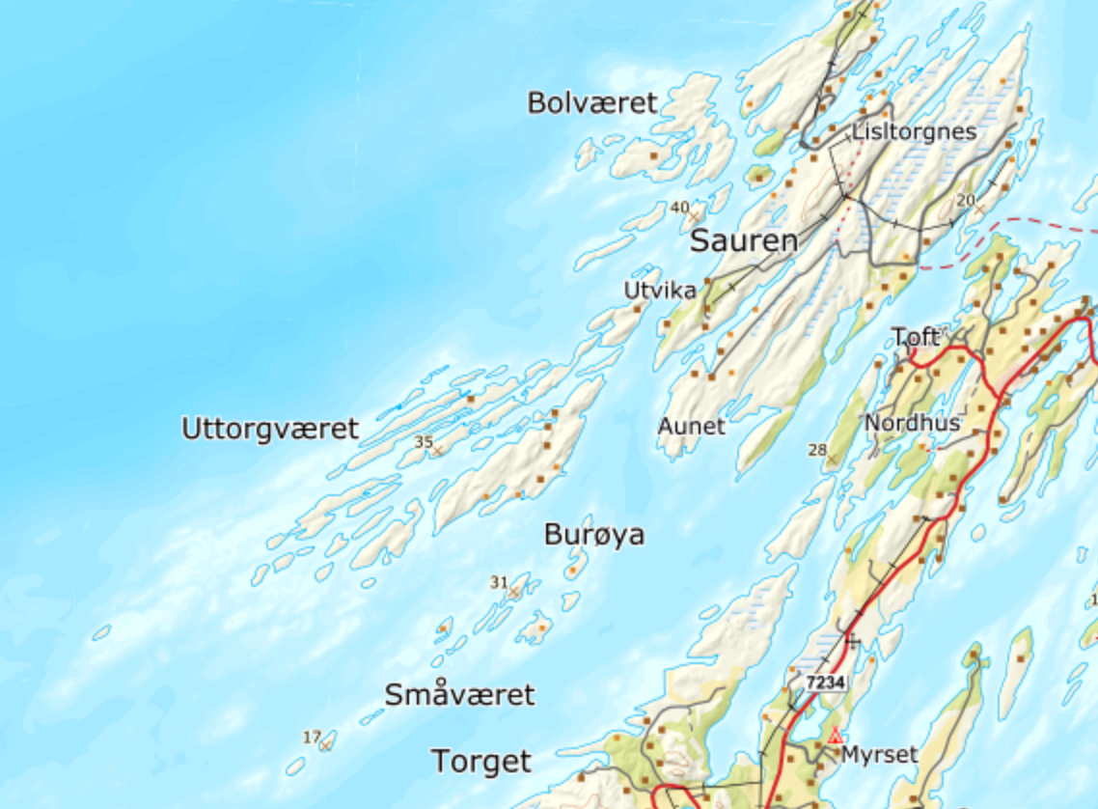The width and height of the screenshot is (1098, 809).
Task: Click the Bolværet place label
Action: click(x=591, y=102)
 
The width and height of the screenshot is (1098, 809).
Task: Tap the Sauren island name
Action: click(x=744, y=241)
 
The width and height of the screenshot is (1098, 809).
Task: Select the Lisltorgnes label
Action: click(x=914, y=131)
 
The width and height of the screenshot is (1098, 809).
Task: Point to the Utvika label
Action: click(x=660, y=290)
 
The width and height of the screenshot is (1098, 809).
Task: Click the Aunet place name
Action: click(x=691, y=426)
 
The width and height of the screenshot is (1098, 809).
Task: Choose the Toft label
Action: click(x=915, y=337)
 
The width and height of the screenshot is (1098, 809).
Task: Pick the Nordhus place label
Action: click(x=912, y=423)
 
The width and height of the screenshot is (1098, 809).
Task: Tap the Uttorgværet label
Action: click(x=270, y=429)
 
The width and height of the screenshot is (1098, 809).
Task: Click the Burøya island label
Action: click(x=593, y=534)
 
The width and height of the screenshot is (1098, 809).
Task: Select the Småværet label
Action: click(x=459, y=694)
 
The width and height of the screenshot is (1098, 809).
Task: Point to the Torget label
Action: click(x=480, y=762)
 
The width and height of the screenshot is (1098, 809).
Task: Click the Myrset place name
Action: click(x=879, y=754)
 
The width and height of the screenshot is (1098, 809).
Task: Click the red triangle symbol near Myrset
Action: click(x=835, y=736)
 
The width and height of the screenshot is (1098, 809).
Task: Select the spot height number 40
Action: click(x=680, y=207)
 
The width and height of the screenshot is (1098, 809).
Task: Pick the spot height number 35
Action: click(x=423, y=441)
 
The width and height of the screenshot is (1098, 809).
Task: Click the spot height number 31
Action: click(x=498, y=581)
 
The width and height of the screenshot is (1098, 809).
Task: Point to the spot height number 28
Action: click(x=817, y=449)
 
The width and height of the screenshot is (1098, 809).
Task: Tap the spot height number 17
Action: click(x=311, y=738)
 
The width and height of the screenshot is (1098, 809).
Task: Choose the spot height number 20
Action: click(x=965, y=199)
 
